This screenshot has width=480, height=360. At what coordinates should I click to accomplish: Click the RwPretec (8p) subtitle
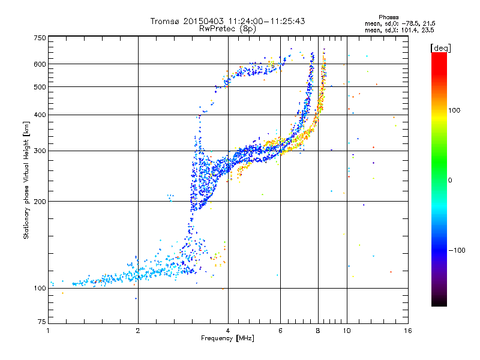pyautogui.click(x=227, y=29)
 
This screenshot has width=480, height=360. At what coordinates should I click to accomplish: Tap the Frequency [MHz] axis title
pyautogui.click(x=227, y=338)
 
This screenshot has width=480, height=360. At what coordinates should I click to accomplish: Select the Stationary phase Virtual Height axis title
pyautogui.click(x=26, y=181)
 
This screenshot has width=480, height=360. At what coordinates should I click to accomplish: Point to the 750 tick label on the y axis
pyautogui.click(x=40, y=38)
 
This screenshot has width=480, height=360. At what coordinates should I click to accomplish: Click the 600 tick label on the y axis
pyautogui.click(x=40, y=64)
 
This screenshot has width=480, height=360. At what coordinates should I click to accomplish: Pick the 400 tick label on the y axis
pyautogui.click(x=40, y=115)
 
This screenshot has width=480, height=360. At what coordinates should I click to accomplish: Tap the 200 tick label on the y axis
pyautogui.click(x=40, y=202)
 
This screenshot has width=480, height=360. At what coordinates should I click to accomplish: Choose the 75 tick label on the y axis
pyautogui.click(x=42, y=322)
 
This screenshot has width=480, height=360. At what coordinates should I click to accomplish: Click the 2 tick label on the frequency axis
pyautogui.click(x=138, y=331)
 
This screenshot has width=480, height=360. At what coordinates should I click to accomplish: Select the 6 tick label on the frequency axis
pyautogui.click(x=280, y=331)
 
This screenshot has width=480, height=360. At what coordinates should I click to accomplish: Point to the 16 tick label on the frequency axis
pyautogui.click(x=408, y=331)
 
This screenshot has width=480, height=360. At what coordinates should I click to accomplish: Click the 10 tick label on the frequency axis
pyautogui.click(x=347, y=331)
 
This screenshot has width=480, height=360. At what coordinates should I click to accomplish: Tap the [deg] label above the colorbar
pyautogui.click(x=440, y=49)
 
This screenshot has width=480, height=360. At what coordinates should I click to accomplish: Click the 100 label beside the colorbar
pyautogui.click(x=454, y=110)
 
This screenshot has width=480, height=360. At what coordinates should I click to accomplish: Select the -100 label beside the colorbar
pyautogui.click(x=457, y=250)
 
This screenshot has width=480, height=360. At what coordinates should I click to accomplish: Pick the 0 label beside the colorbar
pyautogui.click(x=450, y=181)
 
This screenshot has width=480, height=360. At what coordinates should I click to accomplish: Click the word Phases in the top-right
pyautogui.click(x=388, y=17)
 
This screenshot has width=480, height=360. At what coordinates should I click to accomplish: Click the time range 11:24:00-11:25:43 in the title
pyautogui.click(x=266, y=21)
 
